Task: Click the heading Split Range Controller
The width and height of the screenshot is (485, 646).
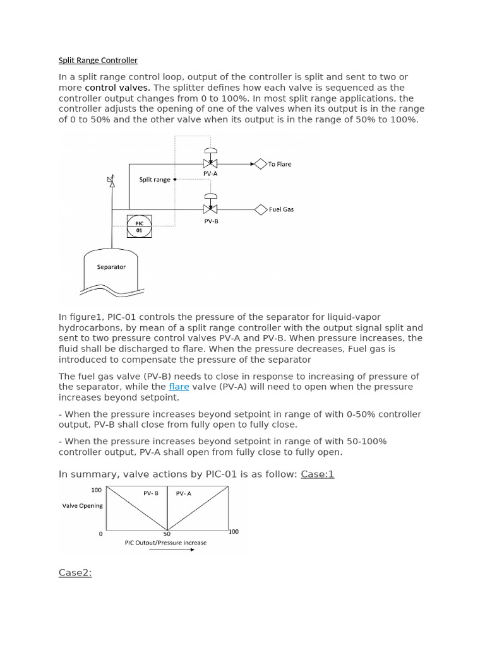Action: pos(98,61)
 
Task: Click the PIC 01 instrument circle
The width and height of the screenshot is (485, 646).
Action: pos(140,226)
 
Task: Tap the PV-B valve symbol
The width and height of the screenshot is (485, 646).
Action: pos(211,209)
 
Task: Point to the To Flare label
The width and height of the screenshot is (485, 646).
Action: pos(280,164)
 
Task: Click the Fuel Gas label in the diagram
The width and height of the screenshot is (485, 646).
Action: pos(281,209)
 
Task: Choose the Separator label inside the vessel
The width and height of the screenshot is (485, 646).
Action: pos(111,267)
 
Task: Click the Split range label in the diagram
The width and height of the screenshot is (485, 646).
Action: pos(155,180)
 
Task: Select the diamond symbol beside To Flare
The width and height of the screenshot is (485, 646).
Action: pos(260,164)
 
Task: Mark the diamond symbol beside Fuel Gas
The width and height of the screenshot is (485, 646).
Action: pos(261,209)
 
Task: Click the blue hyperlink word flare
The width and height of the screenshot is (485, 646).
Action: pos(179,387)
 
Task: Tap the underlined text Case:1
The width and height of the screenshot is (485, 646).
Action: pos(317,474)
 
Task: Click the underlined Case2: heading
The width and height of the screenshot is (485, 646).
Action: pos(75,573)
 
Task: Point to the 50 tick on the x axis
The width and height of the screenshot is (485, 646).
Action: pos(167,534)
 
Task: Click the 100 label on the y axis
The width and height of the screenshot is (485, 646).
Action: pos(96,490)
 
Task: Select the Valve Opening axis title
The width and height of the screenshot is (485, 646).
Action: pos(82,506)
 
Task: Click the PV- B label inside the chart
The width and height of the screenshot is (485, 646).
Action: pos(151,493)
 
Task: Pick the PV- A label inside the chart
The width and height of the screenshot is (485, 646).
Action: pos(183,493)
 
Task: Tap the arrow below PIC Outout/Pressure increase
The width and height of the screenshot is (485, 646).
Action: pos(172,549)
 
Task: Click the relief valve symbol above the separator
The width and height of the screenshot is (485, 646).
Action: pos(111,182)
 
